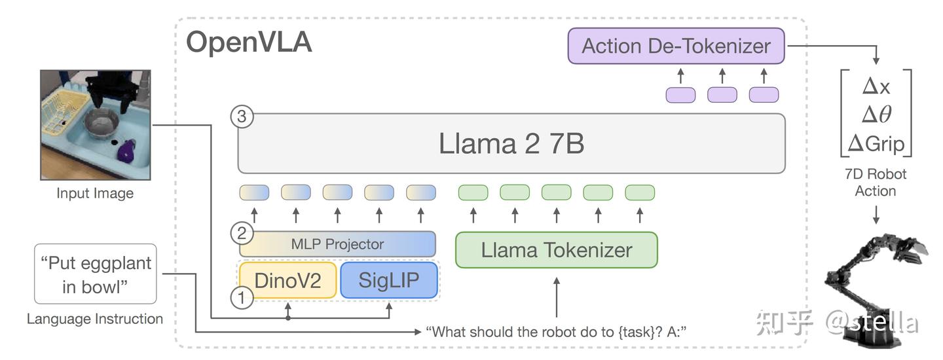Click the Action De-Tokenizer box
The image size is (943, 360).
click(676, 46)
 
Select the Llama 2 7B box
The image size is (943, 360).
click(511, 144)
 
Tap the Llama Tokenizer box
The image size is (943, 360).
click(556, 250)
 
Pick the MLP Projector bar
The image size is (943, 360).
click(337, 244)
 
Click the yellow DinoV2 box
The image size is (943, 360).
click(287, 280)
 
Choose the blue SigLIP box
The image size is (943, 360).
click(389, 280)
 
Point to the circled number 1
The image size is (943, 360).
click(242, 299)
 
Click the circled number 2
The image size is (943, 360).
click(242, 233)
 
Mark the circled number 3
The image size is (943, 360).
click(242, 117)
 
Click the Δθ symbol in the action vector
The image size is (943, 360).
click(876, 115)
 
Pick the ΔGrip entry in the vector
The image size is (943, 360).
click(876, 143)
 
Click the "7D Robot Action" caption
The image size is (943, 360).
click(876, 183)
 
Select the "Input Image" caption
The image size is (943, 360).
click(95, 193)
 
